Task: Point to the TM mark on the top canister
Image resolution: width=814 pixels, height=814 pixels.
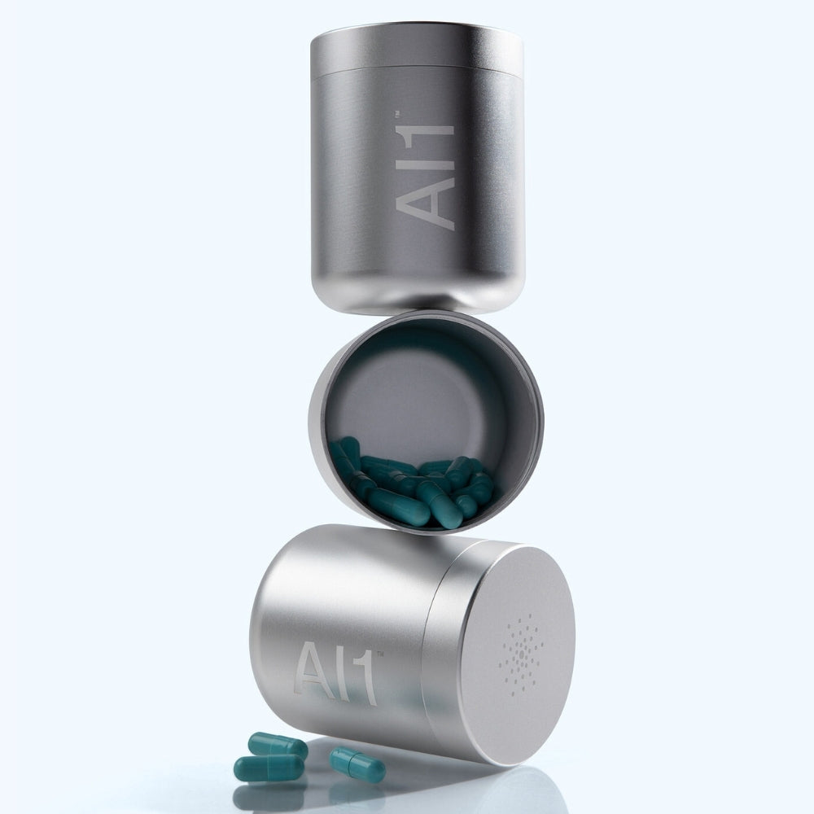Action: point(397,114)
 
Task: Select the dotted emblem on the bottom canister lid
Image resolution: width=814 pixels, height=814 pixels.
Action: point(521,655)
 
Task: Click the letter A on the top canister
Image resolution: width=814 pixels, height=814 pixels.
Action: point(425,203)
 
